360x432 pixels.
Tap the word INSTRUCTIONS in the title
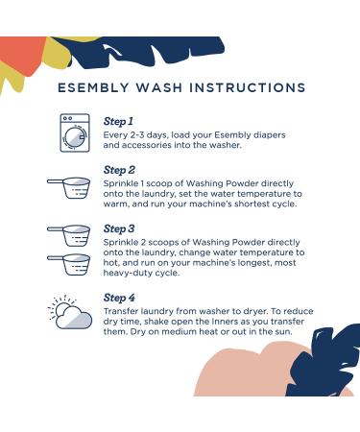[247, 87]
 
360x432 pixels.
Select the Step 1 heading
[118, 121]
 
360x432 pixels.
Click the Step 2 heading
[119, 170]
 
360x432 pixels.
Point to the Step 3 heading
[119, 228]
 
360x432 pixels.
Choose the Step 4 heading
[119, 298]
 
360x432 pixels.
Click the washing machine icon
[75, 132]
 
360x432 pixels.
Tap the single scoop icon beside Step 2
[69, 188]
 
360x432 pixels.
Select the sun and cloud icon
[70, 312]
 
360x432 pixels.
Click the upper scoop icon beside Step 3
[69, 235]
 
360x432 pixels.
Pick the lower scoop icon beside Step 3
[69, 264]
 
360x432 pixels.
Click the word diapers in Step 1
[269, 135]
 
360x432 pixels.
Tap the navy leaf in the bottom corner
[324, 362]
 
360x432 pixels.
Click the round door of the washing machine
[75, 138]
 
